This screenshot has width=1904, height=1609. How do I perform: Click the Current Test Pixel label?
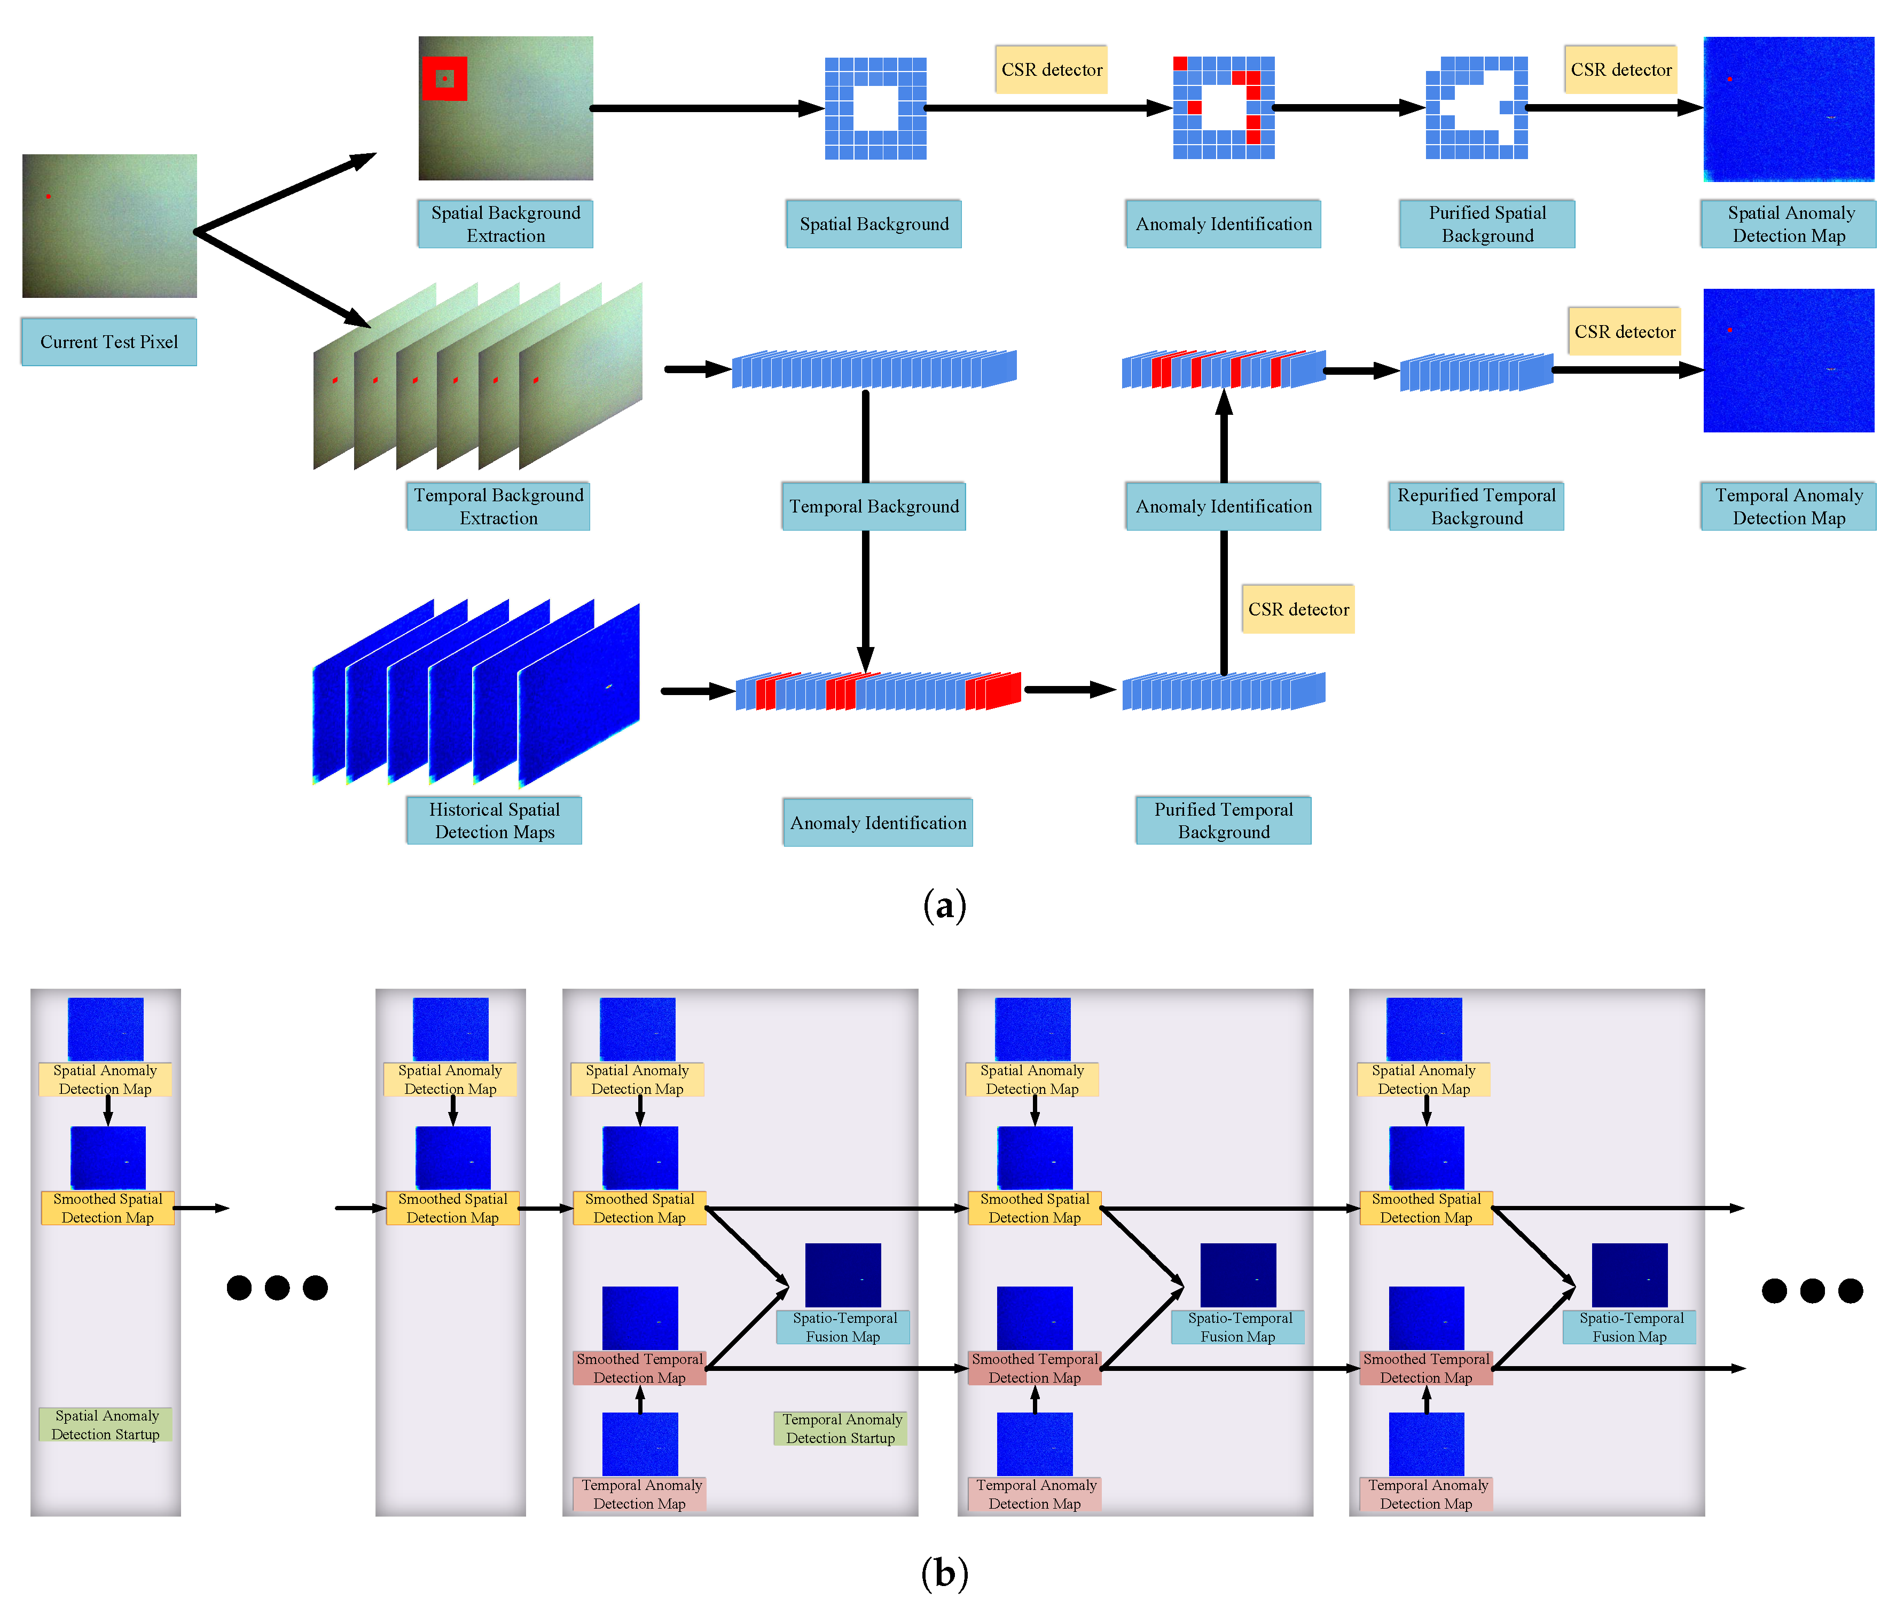click(x=108, y=342)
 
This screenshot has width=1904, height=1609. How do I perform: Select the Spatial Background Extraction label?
click(x=505, y=224)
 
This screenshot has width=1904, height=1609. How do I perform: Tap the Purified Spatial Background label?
click(x=1486, y=224)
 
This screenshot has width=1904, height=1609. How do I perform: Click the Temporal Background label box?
click(x=873, y=506)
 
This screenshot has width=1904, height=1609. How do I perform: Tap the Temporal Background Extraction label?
click(x=498, y=506)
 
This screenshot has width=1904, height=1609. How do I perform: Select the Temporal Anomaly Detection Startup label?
click(x=840, y=1429)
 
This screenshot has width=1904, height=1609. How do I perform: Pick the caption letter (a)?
click(x=944, y=906)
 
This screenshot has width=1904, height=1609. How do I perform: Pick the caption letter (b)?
click(x=944, y=1573)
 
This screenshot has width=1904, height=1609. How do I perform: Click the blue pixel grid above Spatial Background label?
click(x=875, y=108)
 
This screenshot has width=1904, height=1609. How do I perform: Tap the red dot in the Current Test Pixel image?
click(x=49, y=196)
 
